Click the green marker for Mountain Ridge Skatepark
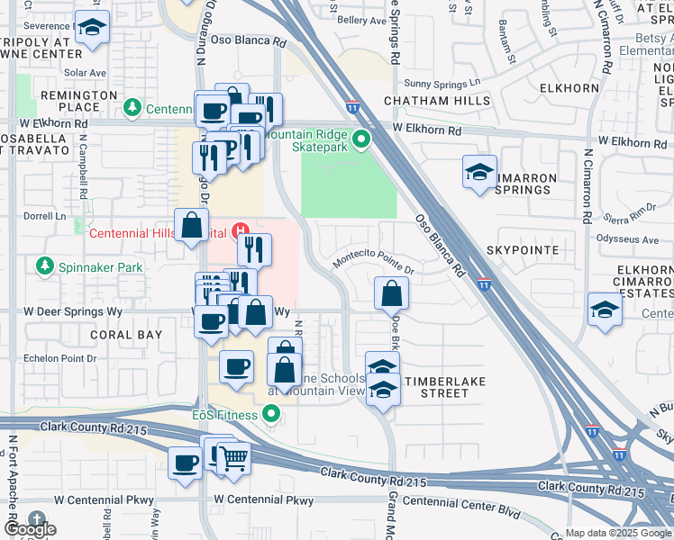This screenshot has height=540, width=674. point(360,139)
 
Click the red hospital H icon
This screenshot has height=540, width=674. point(241,231)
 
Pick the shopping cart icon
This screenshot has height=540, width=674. point(233,458)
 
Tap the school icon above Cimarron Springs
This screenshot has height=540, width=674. point(480,171)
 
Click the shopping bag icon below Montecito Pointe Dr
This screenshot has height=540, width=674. point(391,292)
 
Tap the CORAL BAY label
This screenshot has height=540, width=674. point(126,335)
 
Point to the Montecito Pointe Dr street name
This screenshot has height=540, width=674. point(373,262)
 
